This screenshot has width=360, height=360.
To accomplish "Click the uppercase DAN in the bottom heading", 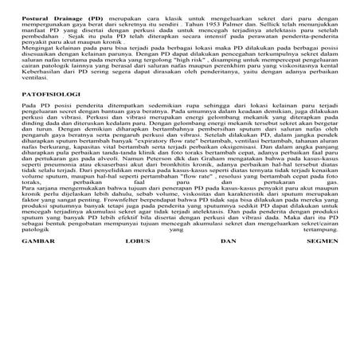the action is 229,307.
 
